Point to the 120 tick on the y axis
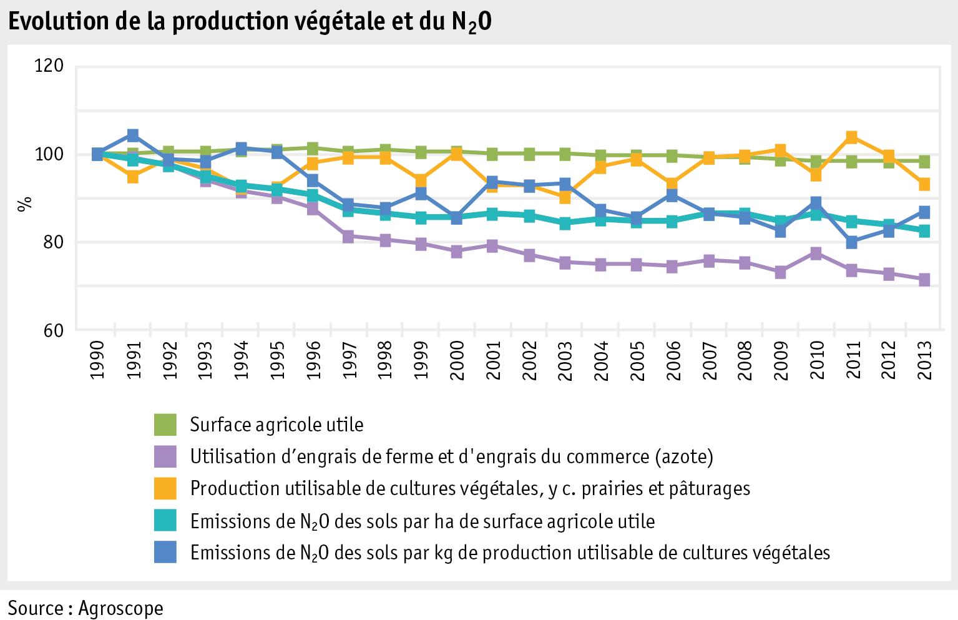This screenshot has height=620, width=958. [51, 66]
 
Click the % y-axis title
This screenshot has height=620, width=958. [24, 204]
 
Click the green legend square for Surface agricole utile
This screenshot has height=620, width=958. [166, 425]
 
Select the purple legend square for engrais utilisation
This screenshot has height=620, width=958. [166, 456]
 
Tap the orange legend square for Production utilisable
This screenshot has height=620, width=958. [166, 488]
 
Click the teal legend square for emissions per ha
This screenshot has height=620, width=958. [166, 520]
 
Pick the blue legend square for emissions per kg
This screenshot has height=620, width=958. [166, 552]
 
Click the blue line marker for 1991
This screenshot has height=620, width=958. [133, 135]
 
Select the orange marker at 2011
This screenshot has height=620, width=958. [852, 137]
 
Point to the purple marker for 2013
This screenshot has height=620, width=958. [924, 280]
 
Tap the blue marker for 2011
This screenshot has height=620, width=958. [852, 242]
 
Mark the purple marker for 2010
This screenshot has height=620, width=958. [816, 253]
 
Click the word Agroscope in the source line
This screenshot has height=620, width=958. [121, 608]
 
